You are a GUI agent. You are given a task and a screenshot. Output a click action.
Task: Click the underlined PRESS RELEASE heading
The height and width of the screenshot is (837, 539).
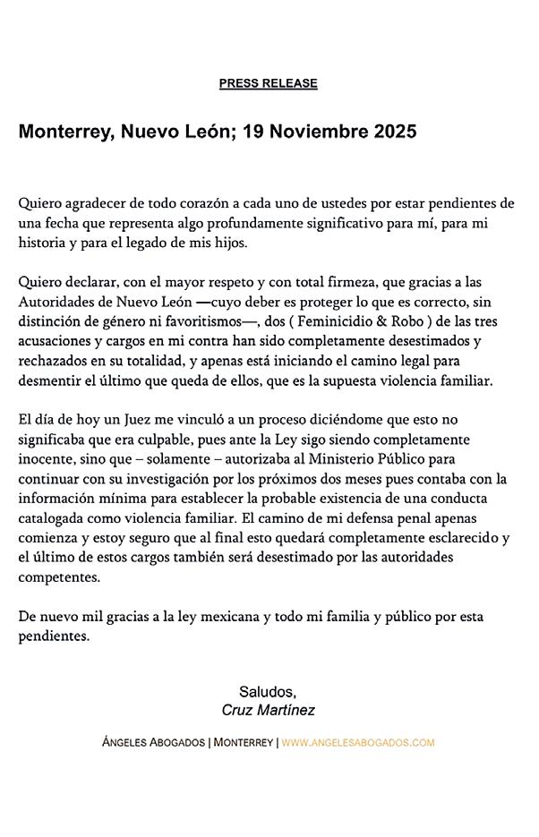(268, 83)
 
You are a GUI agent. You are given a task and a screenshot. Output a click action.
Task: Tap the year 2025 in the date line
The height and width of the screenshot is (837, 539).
(391, 132)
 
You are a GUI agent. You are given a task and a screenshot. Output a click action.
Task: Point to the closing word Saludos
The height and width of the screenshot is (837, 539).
(268, 691)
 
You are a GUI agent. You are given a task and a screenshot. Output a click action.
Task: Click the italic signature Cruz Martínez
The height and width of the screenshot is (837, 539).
(268, 710)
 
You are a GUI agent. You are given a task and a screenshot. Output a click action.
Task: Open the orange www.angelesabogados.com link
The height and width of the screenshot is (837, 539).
(358, 743)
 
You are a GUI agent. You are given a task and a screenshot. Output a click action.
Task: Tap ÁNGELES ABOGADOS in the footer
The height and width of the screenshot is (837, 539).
(153, 743)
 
